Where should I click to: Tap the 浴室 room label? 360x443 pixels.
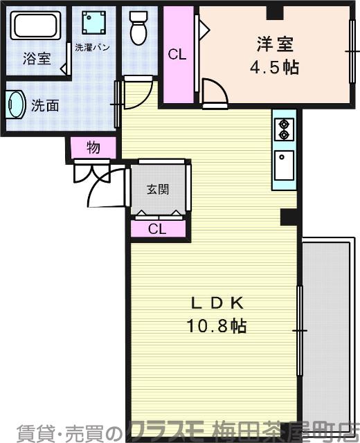coord(36,58)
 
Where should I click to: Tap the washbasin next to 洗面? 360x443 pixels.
coord(15,106)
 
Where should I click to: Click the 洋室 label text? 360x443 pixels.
coord(273,44)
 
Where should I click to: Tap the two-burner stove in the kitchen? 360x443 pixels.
coord(284,129)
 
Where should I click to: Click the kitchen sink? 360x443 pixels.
coord(284,166)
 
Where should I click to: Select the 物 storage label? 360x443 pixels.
coord(92,147)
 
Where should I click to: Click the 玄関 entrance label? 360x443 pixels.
coord(158,188)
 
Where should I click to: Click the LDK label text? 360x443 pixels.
coord(216,302)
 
